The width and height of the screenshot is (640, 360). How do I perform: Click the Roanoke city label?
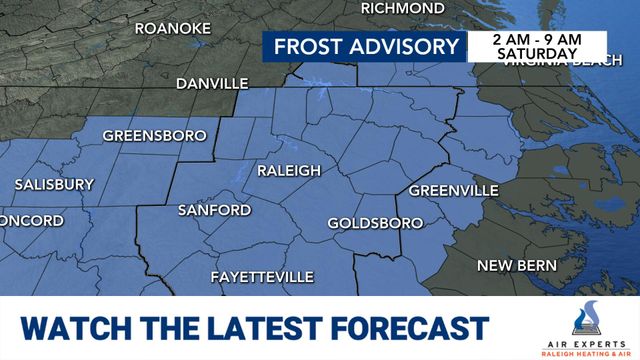pos(172,28)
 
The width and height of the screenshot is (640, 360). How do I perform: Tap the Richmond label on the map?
pos(402,8)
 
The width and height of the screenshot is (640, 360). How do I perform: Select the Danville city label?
pos(212,84)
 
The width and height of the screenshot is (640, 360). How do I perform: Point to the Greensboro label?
pos(154,135)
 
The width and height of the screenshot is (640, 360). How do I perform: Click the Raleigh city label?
pos(289,171)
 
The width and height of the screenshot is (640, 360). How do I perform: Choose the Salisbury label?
pos(54,185)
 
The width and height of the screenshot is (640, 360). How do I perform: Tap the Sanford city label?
pos(214,210)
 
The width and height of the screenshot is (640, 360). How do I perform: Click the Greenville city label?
pos(454,190)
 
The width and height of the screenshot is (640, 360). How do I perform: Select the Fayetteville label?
pos(262,276)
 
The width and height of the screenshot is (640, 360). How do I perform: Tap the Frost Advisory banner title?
pos(366,47)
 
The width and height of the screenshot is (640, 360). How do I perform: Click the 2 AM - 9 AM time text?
pos(536,38)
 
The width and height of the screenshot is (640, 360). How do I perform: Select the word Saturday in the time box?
pos(536,54)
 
